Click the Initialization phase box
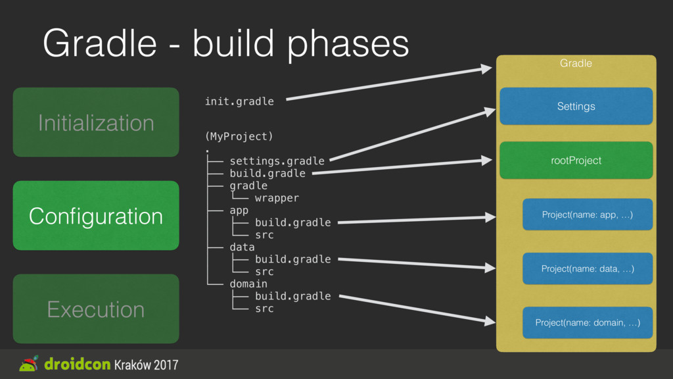[96, 122]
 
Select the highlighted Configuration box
[96, 216]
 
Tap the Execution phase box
[96, 309]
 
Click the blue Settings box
[576, 106]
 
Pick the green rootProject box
[576, 161]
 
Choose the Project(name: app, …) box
[587, 215]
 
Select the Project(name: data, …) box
[587, 268]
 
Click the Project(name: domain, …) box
[587, 322]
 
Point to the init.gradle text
[239, 101]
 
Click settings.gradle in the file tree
[277, 161]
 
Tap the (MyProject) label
[239, 136]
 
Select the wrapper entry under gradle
[277, 197]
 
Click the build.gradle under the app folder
[292, 222]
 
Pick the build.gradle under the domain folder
[292, 296]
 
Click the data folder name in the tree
[242, 247]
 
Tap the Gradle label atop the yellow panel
[576, 63]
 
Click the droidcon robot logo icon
[29, 364]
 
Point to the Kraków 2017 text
[146, 365]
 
